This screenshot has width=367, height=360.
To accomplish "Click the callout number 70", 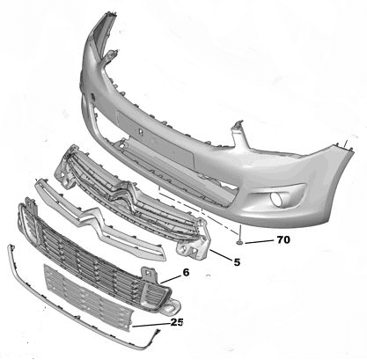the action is coord(283,239).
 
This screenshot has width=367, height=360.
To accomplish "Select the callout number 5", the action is coord(237,262).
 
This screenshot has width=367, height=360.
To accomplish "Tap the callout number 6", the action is coord(186,272).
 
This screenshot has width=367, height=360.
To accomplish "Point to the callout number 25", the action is coord(177,322).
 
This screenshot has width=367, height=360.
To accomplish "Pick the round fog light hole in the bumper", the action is coord(276,199).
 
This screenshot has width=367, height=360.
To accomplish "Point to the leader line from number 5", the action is coord(221,254).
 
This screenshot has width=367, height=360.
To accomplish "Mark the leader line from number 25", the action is coord(151,325).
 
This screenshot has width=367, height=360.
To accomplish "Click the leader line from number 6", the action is coord(171,280).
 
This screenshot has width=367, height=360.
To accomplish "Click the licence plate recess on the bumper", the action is coord(155,139).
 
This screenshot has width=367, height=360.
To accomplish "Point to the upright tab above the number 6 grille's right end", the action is coord(150,275).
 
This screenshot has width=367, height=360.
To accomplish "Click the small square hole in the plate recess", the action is coord(141,132).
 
